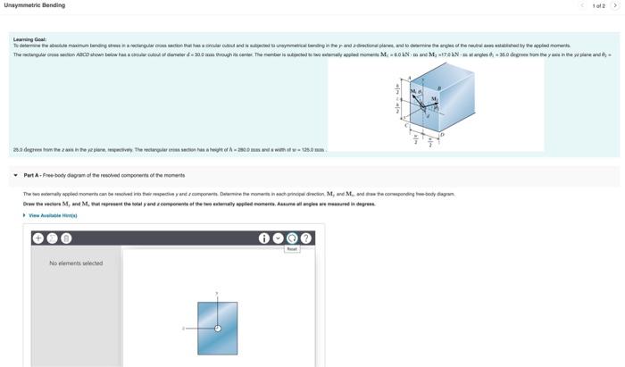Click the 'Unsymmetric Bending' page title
point(35,5)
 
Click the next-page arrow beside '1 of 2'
point(615,5)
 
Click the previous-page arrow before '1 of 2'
point(582,5)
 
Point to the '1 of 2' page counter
point(598,5)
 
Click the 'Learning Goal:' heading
point(29,39)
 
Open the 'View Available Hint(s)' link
point(53,215)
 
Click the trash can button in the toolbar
point(66,238)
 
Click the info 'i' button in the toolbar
point(263,238)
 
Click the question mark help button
point(306,238)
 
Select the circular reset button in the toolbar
point(292,238)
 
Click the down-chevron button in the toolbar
point(278,238)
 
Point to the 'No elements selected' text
point(76,263)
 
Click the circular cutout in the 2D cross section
point(217,328)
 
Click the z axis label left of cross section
point(184,328)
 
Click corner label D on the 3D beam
point(466,132)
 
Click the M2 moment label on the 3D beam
point(435,99)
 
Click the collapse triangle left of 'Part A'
point(16,175)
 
